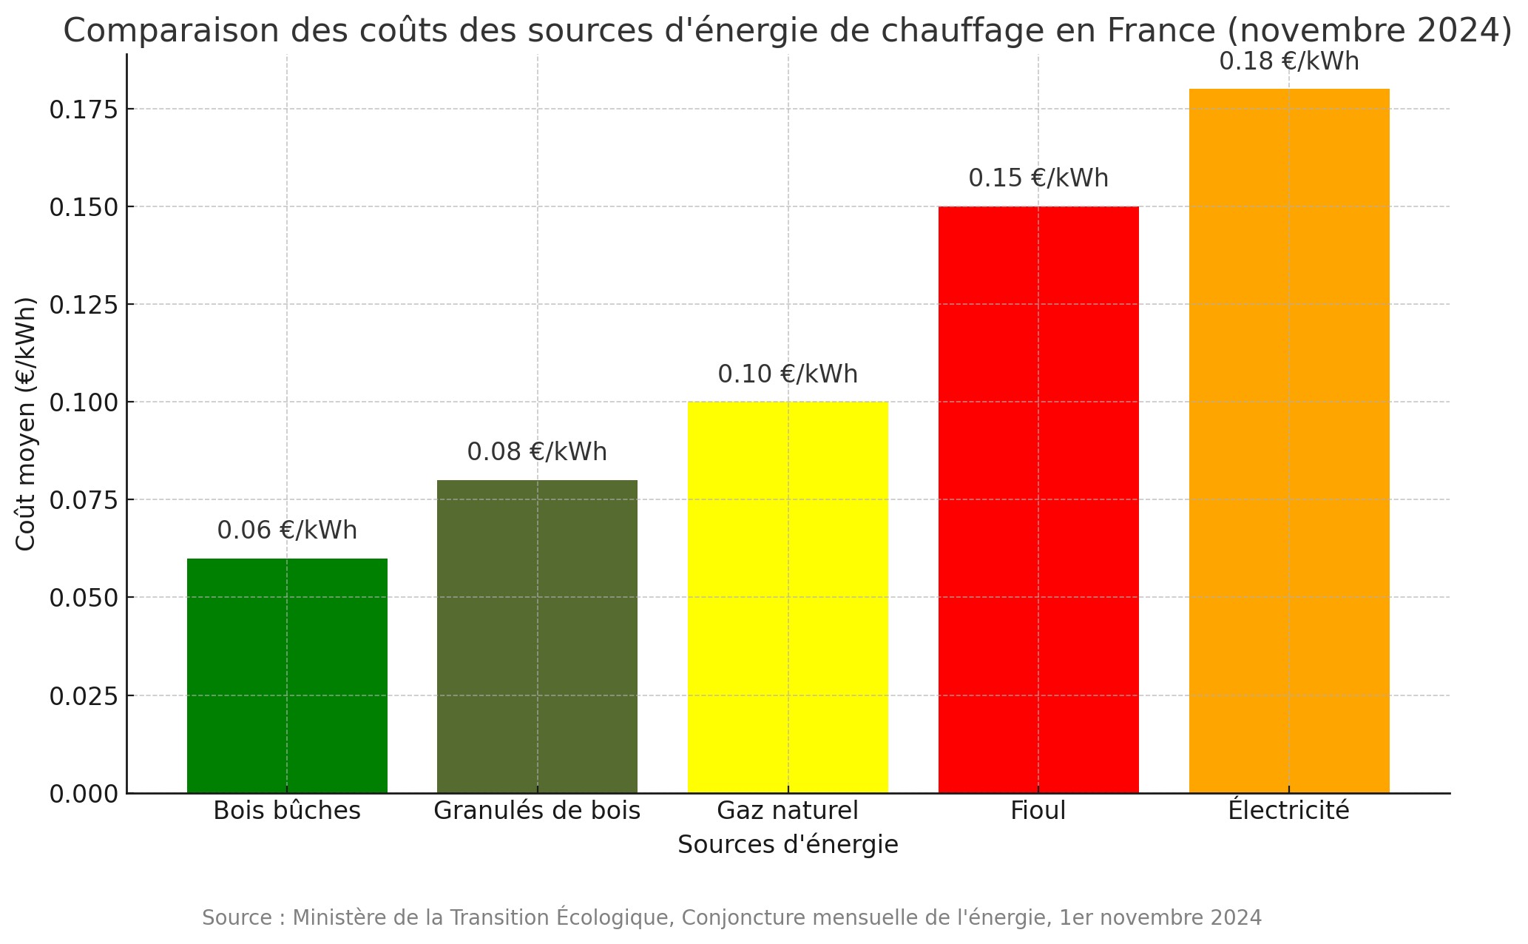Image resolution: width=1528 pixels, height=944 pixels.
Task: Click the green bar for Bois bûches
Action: pos(287,675)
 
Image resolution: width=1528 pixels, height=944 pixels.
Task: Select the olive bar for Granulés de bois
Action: pos(537,636)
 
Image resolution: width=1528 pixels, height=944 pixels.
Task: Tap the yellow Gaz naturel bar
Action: pos(788,596)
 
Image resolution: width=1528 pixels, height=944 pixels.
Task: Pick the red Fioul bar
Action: pos(1038,499)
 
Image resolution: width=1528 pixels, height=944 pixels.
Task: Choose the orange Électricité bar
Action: pos(1289,441)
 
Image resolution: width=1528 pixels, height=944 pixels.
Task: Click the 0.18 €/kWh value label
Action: pos(1289,61)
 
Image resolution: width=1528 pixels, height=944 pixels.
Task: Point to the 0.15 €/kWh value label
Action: pos(1038,178)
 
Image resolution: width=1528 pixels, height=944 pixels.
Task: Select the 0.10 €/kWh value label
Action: pos(788,374)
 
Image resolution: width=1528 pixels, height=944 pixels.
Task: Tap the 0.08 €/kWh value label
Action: pos(537,452)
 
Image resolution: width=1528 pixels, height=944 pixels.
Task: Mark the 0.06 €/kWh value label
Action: pos(287,530)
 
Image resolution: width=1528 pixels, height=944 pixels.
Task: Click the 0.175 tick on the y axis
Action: pos(84,109)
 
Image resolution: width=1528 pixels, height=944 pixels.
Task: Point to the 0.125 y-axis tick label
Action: pos(84,305)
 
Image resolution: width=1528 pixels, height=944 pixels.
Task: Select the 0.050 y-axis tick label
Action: pos(84,598)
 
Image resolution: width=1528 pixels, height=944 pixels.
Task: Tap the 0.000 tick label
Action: pos(84,794)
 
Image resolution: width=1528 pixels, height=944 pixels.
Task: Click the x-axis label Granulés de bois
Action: pos(537,811)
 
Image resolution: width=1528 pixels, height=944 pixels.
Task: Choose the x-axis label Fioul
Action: pos(1038,811)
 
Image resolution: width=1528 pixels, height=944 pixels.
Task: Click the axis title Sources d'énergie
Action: pos(788,844)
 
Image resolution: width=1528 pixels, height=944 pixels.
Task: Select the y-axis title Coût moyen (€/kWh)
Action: pos(26,424)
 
